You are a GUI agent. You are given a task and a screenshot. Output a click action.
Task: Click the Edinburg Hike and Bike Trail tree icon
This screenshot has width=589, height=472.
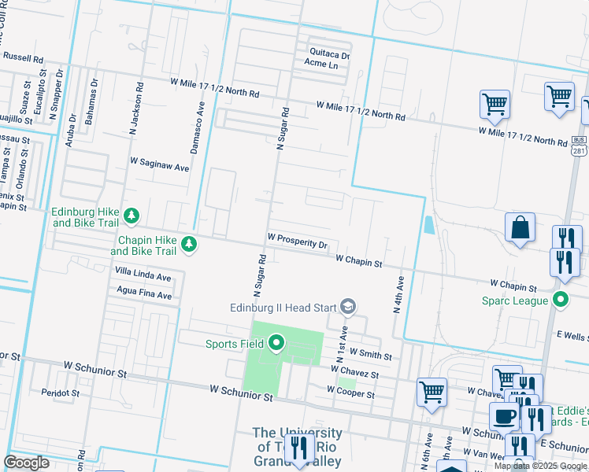coord(133,216)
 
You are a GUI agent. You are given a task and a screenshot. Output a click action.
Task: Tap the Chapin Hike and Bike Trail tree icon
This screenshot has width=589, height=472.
coord(189,245)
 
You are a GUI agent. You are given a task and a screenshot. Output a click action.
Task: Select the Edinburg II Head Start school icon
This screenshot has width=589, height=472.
coord(348,307)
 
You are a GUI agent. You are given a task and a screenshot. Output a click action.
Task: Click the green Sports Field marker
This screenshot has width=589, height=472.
coord(276,343)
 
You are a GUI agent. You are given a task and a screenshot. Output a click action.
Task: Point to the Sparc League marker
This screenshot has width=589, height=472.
coord(561,299)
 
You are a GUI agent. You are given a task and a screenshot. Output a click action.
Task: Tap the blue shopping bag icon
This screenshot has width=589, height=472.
coord(520,228)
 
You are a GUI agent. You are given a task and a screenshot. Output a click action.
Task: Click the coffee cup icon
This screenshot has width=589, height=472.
coord(504,416)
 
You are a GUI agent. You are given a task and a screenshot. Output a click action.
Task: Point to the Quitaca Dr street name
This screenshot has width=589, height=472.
coord(328,53)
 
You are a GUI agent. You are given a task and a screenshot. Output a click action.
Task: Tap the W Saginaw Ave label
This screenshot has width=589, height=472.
coord(160,167)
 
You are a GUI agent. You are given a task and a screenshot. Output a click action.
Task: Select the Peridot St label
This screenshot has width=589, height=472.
coord(61,393)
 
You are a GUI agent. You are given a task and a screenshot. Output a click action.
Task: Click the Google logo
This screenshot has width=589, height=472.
coord(27,462)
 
